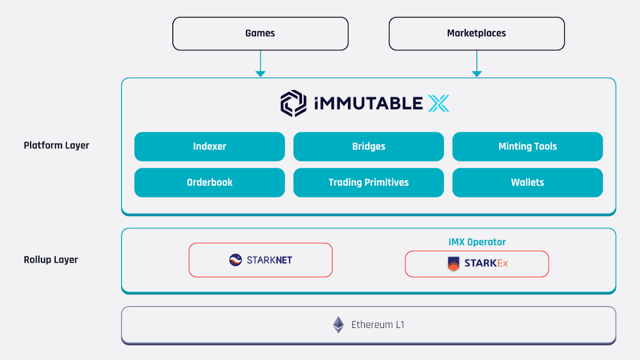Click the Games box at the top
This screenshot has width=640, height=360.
260,33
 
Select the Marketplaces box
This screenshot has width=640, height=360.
476,33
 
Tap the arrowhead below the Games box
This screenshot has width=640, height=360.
260,74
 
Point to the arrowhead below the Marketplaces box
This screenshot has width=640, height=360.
476,74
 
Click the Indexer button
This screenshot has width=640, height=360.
209,146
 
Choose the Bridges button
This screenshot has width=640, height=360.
368,146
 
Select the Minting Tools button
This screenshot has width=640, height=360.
528,146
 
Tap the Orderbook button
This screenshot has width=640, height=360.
209,183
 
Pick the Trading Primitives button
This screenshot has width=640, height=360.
368,183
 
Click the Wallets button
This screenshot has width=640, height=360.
528,183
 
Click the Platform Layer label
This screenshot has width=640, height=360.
56,145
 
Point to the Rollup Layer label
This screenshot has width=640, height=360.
51,260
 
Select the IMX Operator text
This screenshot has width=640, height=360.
477,242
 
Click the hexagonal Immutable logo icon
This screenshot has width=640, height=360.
293,103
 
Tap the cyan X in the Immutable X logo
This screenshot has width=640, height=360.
438,103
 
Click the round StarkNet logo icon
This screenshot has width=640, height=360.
235,260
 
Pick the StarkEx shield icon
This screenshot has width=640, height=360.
453,263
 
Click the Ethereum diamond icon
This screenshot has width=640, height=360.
338,324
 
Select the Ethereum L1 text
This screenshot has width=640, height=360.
378,325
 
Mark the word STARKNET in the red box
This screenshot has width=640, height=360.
269,260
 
